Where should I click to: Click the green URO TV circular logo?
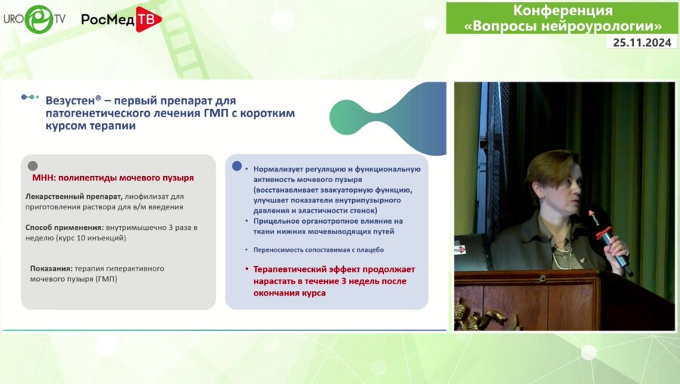click(x=39, y=19)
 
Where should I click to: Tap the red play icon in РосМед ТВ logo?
click(x=148, y=19)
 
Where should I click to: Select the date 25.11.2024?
click(x=641, y=42)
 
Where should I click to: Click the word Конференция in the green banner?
click(x=563, y=11)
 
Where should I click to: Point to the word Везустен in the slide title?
click(x=71, y=101)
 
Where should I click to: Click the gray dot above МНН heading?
click(x=32, y=166)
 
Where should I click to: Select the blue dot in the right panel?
click(x=236, y=166)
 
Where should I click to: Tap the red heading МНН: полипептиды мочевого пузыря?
click(x=113, y=178)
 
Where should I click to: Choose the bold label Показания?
click(x=51, y=268)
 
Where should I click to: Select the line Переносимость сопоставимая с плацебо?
click(x=318, y=250)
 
